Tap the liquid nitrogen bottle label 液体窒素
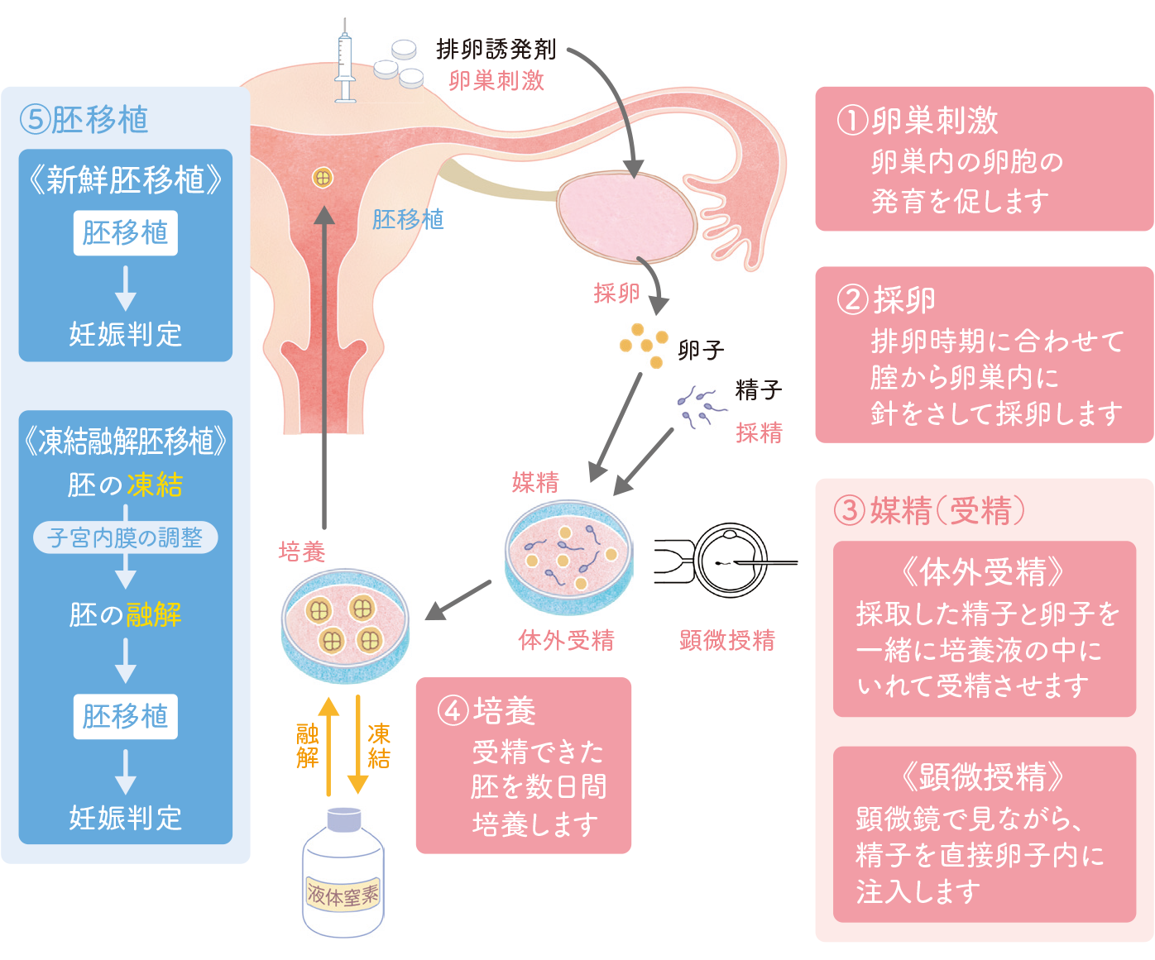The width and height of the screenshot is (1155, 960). coord(343,895)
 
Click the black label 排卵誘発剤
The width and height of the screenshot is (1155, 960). coord(496,50)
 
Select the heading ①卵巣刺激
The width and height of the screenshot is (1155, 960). coord(918,121)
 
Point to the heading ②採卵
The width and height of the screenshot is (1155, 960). coord(886,299)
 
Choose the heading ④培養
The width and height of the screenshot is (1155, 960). coord(487,710)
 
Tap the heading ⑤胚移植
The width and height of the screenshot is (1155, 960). coord(84,120)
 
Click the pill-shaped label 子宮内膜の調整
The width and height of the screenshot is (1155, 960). coord(125,537)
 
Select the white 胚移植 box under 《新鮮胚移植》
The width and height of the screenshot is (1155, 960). coord(125,233)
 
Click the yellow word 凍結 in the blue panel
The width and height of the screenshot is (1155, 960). coord(155,485)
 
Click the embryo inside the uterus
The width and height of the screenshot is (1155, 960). coord(323,177)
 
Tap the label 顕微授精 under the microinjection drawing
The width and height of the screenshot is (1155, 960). coord(727,640)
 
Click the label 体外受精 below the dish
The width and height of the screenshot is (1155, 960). coord(567,640)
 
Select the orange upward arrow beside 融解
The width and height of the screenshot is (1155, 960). coord(329,744)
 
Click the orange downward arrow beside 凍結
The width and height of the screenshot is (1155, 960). coord(357,744)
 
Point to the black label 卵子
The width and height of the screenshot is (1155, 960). coord(701,351)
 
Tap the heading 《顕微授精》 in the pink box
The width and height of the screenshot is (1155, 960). coord(984,776)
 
